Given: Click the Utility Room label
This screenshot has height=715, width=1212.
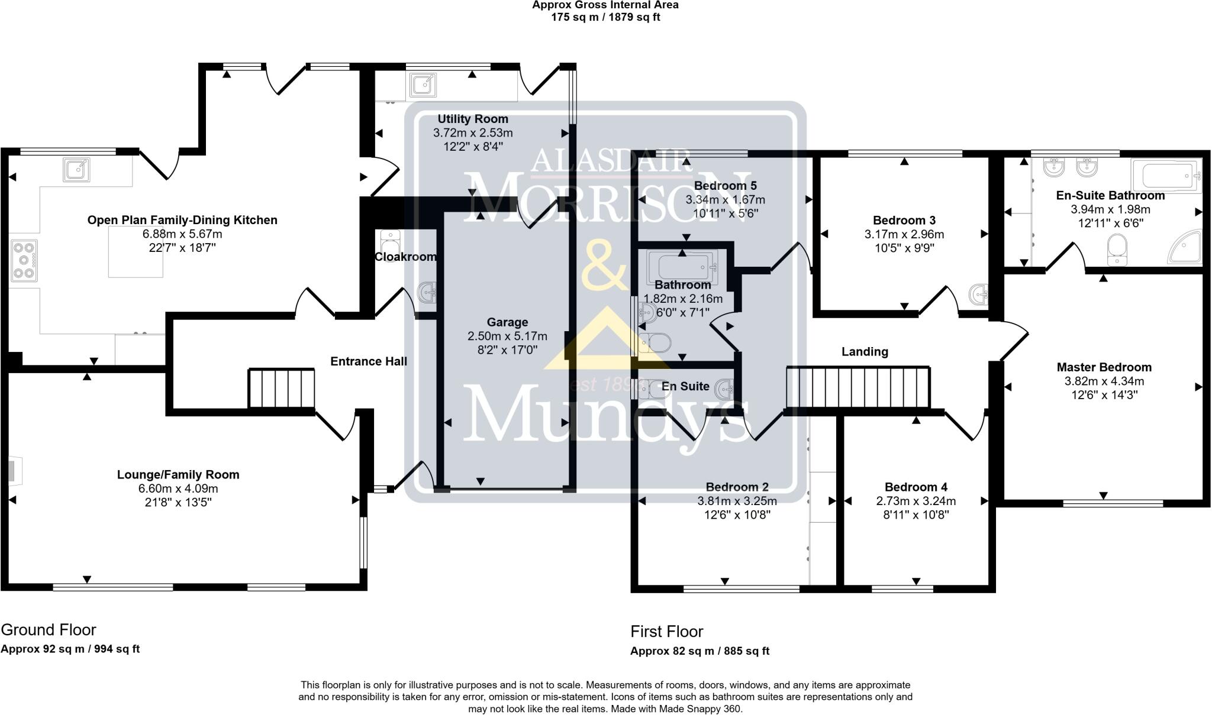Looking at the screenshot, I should click(x=472, y=119).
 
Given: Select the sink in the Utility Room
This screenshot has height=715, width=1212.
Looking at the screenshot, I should click(x=423, y=85).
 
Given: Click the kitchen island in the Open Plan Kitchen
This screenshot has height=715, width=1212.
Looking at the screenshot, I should click(x=136, y=252).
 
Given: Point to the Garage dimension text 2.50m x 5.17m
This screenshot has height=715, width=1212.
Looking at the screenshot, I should click(x=507, y=336).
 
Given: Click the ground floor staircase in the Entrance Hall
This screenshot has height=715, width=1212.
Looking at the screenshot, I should click(x=281, y=388).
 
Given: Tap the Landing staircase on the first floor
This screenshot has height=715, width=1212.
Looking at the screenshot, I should click(x=858, y=387).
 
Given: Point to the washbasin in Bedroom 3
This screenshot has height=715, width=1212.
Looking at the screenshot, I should click(x=979, y=294).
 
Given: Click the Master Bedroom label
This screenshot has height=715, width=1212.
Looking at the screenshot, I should click(x=1104, y=367).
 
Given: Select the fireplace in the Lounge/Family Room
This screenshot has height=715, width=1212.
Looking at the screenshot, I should click(x=14, y=470).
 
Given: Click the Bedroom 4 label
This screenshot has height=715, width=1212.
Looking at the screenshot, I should click(x=916, y=487).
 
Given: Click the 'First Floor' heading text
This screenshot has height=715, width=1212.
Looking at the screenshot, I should click(x=666, y=632).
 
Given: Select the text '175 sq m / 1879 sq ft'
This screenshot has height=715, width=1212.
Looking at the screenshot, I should click(x=605, y=17).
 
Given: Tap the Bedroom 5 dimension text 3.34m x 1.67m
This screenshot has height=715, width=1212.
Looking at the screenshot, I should click(x=725, y=200).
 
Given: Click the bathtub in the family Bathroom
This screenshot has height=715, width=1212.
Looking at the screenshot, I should click(x=682, y=268).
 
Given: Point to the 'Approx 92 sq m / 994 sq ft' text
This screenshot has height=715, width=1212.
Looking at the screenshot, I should click(x=70, y=649).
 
